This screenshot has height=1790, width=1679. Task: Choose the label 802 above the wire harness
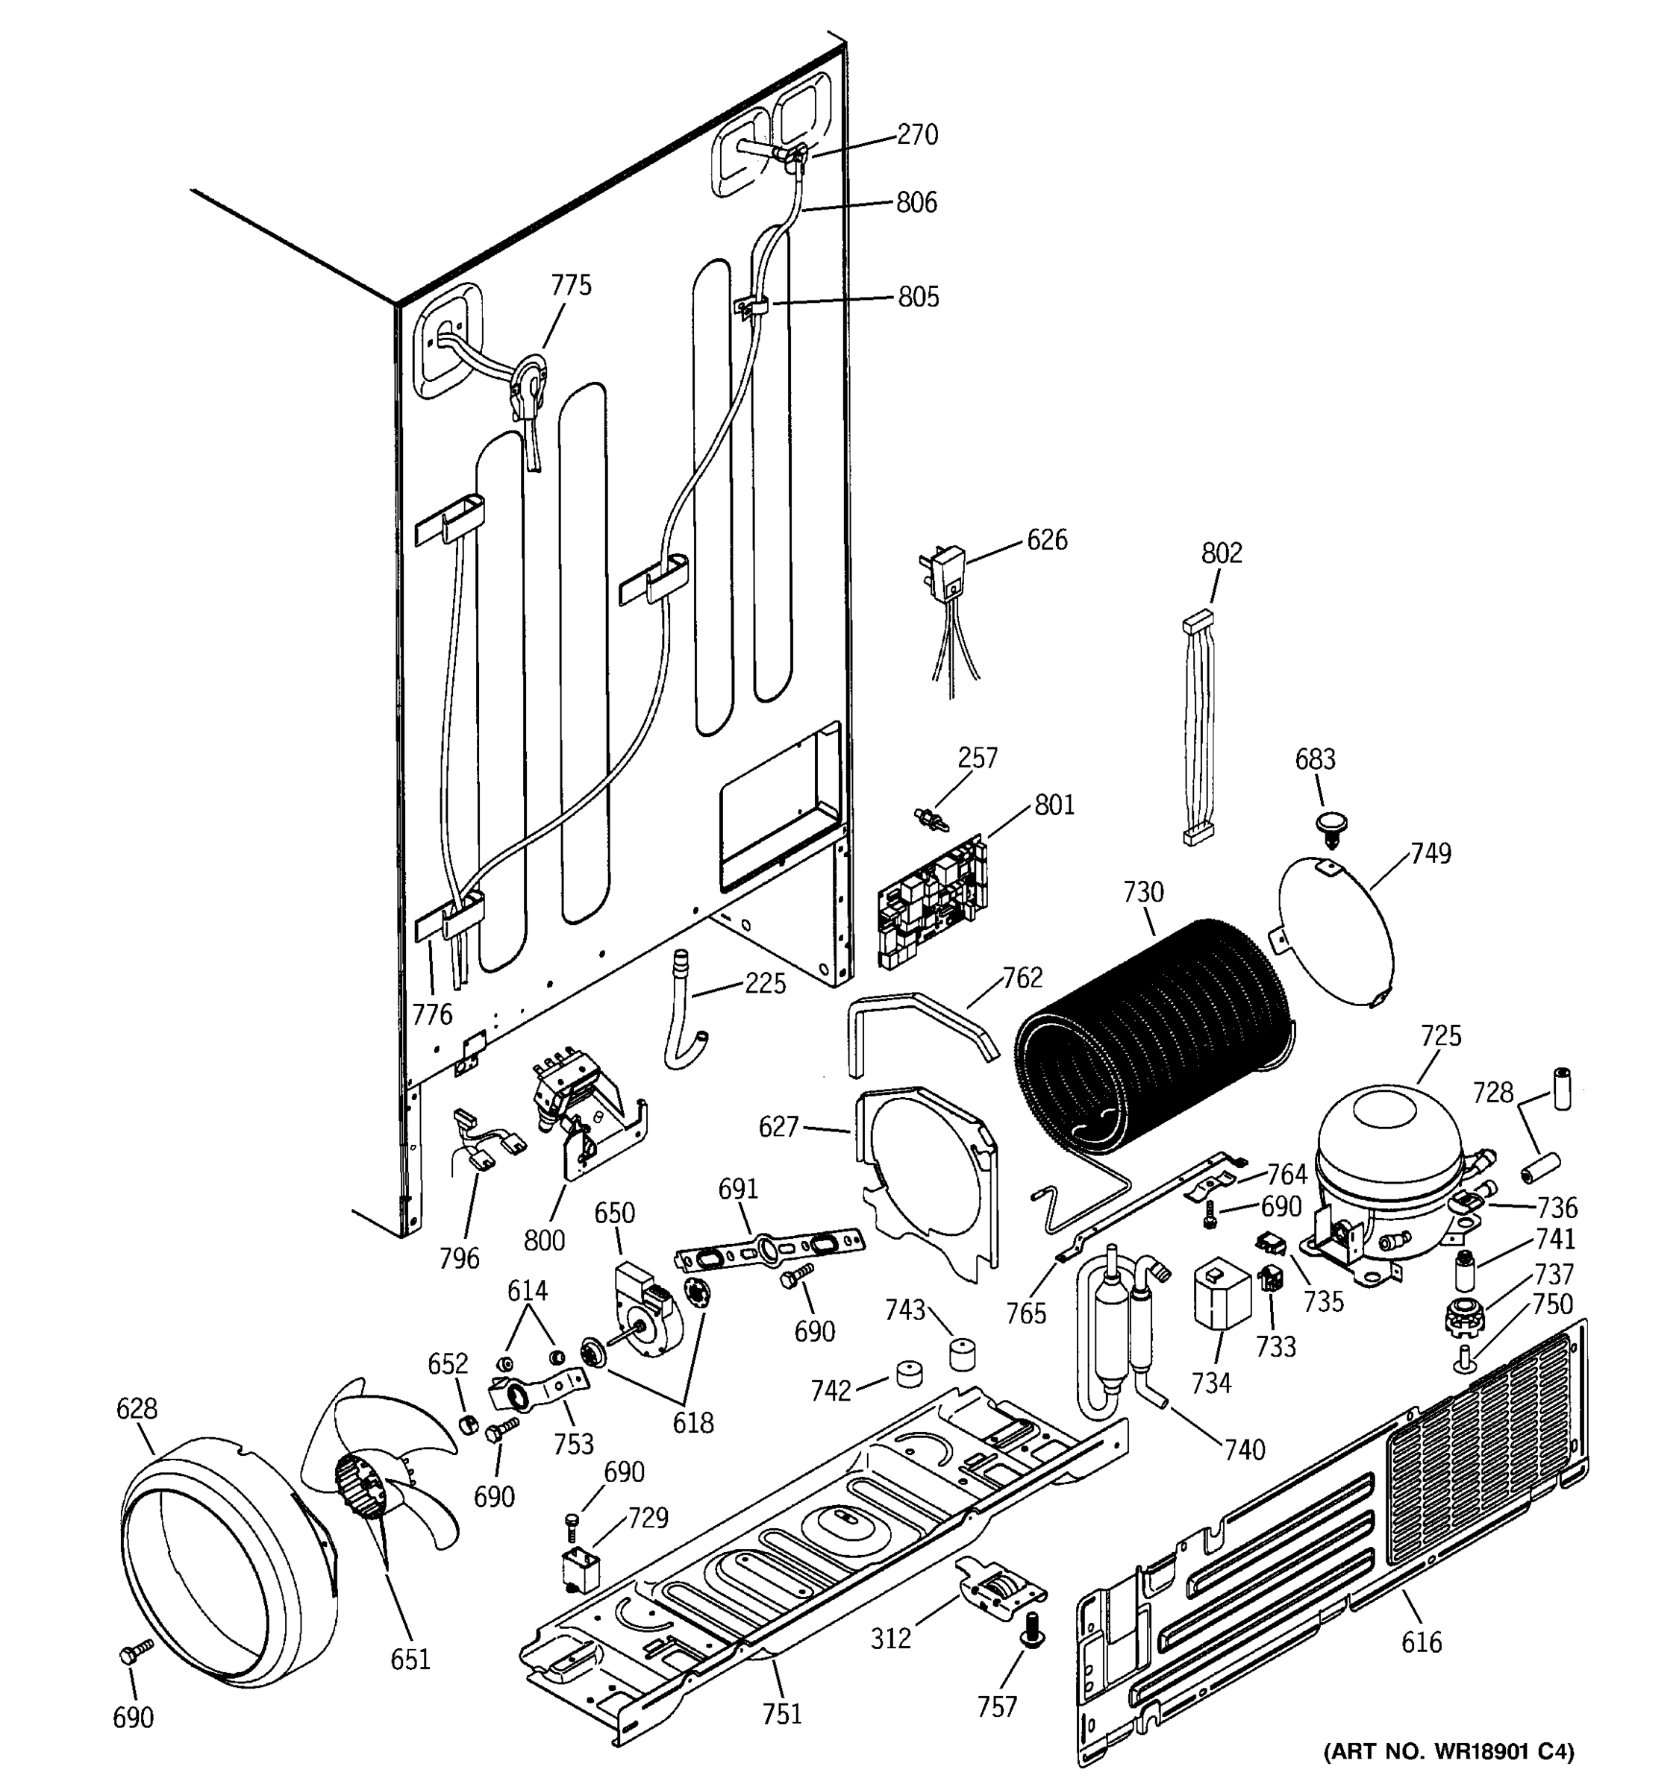[x=1222, y=552]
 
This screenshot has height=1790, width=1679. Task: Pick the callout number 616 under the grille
[x=1422, y=1642]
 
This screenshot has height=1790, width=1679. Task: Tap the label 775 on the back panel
[x=571, y=286]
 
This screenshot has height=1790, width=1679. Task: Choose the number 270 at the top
[x=917, y=135]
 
